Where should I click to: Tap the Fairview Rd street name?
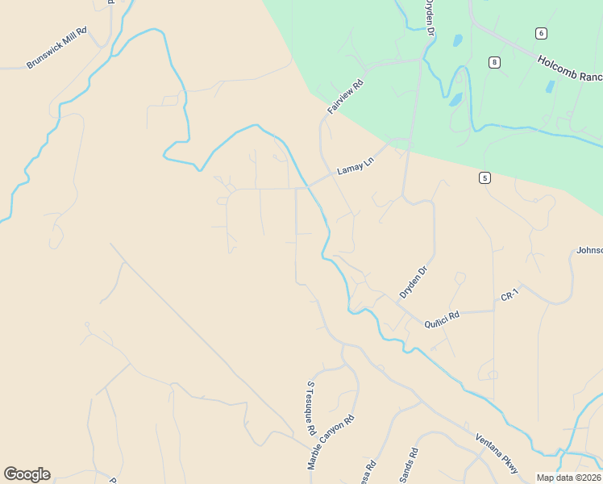346,95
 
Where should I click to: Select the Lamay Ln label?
355,168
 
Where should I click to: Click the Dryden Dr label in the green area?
430,16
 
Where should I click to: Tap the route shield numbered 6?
540,33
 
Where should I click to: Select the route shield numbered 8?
494,62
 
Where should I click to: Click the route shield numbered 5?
484,177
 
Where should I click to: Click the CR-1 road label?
509,297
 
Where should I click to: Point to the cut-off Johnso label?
589,251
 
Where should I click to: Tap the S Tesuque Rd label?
310,409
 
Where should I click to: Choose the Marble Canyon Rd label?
331,442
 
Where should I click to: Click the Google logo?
27,474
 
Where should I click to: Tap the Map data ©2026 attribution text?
568,478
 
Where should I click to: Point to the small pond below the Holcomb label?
550,86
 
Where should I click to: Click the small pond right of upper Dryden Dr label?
458,40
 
